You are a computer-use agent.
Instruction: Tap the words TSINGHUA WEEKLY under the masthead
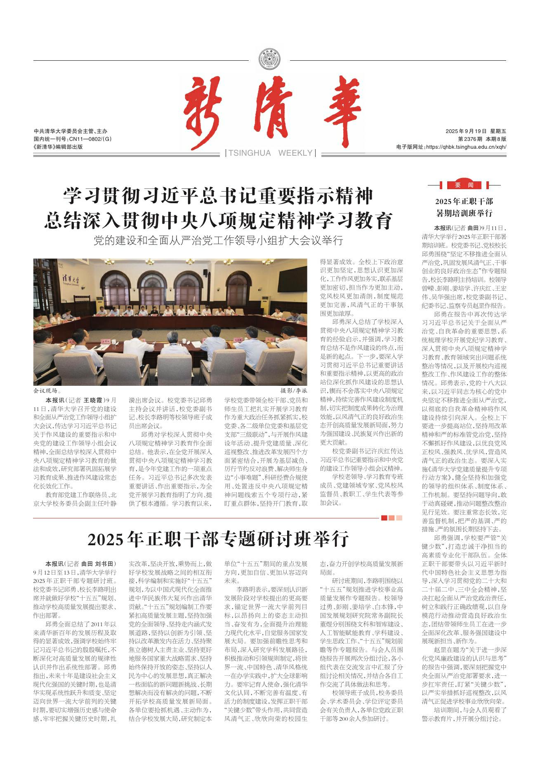pyautogui.click(x=270, y=153)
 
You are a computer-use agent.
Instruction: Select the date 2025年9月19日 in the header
pyautogui.click(x=466, y=131)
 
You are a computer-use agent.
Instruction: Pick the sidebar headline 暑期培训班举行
pyautogui.click(x=464, y=214)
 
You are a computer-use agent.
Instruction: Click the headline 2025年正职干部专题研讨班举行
pyautogui.click(x=218, y=539)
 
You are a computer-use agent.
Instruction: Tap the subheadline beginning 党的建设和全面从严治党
pyautogui.click(x=218, y=240)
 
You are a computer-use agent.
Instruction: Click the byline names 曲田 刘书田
pyautogui.click(x=98, y=563)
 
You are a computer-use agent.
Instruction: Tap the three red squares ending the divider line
pyautogui.click(x=391, y=518)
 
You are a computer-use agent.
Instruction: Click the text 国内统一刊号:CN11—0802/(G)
pyautogui.click(x=73, y=139)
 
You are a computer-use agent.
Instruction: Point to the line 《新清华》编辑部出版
pyautogui.click(x=58, y=147)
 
